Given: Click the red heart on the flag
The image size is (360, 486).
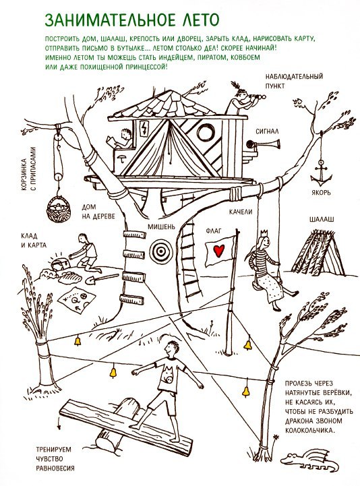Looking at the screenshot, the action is point(219,250).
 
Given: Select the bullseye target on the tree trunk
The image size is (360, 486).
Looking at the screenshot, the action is point(160,251).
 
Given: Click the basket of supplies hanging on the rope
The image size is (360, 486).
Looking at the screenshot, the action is point(58,209).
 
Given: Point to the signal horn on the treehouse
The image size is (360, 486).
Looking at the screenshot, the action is point(263,144).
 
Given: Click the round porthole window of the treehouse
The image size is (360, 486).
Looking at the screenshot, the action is point(206,132).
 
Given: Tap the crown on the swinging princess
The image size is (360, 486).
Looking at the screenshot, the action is point(264,233).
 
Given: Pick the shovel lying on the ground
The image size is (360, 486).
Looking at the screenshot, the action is point(100,279).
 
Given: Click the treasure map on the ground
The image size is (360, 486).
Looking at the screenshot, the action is point(76,299).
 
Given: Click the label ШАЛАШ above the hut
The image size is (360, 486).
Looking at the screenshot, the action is point(322,220).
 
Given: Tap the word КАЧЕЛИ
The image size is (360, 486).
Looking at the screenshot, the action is point(241,212).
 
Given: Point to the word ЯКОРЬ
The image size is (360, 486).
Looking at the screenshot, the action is point(322,193).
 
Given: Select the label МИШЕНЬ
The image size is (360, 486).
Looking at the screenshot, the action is point(161,226).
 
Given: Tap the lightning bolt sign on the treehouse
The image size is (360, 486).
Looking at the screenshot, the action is point(144,127).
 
